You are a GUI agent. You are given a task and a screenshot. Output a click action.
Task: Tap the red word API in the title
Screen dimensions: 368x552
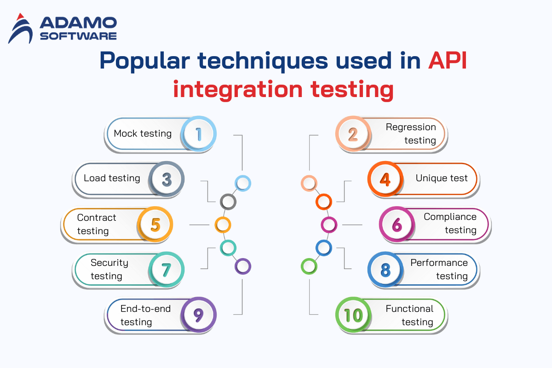point(448,61)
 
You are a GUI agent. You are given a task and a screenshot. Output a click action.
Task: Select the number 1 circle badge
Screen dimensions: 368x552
point(198,134)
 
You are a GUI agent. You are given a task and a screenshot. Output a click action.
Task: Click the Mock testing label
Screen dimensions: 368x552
point(143,133)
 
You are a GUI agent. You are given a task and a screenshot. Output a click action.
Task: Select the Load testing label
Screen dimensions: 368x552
point(112,178)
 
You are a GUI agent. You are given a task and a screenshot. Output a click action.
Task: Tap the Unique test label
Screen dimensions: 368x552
point(442,178)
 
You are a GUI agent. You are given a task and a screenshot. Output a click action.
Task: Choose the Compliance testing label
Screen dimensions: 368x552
point(450,223)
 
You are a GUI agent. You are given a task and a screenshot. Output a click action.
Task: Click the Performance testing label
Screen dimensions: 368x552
point(439,269)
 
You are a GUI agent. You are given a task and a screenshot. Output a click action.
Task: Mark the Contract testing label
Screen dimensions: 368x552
point(97,224)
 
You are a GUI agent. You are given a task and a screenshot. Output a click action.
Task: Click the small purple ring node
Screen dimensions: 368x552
point(242,266)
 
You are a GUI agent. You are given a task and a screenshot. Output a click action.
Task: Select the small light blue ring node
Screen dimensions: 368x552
point(242,183)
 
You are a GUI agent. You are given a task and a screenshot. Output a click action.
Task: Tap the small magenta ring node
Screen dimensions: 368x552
point(328,225)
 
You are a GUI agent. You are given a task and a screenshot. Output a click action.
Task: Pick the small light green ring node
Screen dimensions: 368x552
point(309,266)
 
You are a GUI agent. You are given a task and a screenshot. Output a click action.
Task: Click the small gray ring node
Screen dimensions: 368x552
point(228,201)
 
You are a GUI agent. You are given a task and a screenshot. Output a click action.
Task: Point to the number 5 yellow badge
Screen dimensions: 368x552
point(155,224)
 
